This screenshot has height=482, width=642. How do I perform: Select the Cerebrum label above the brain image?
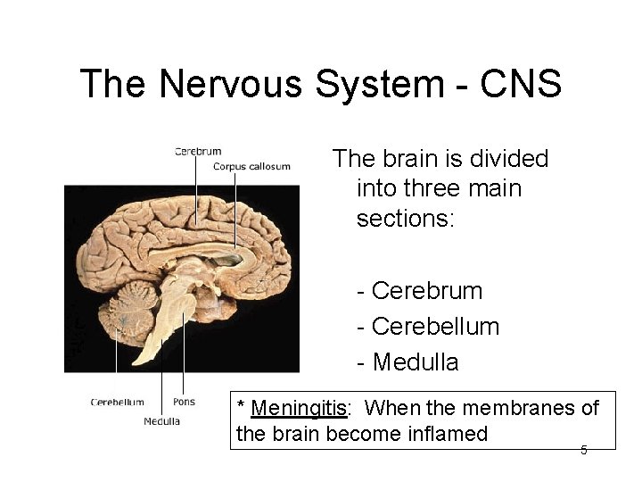tap(197, 152)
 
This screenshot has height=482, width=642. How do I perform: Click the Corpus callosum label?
tap(252, 166)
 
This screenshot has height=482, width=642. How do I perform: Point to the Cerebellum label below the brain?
tap(117, 402)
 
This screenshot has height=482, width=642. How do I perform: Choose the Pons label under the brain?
tap(184, 402)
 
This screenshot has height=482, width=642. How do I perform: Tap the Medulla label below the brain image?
tap(161, 421)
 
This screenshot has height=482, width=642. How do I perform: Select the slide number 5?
tap(584, 450)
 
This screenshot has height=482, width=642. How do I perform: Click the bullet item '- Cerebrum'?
tap(419, 291)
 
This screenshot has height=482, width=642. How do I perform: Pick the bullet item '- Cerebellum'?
tap(428, 327)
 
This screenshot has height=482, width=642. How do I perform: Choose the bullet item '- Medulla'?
tap(407, 362)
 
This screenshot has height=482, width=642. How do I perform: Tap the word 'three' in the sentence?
tap(435, 188)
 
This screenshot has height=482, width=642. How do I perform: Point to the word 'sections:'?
tap(406, 219)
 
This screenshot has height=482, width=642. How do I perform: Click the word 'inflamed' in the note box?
tap(450, 435)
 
